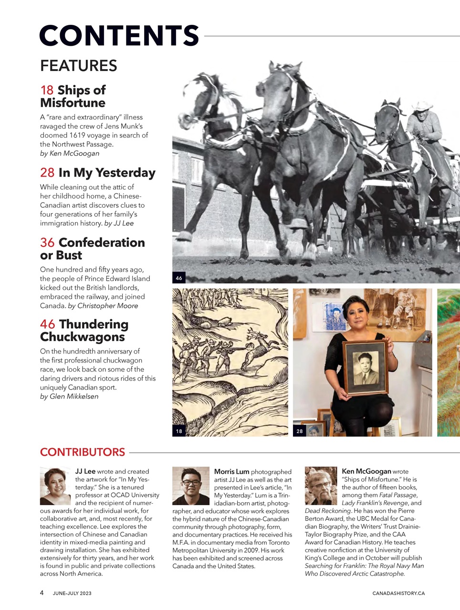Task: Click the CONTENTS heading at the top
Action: tap(119, 35)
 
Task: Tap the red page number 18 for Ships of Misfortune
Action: tap(47, 90)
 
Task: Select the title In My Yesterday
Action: tap(107, 173)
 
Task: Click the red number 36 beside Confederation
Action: tap(47, 243)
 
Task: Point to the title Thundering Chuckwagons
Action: tap(84, 330)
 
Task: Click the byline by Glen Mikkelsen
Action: tap(69, 396)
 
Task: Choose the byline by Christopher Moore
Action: tap(103, 306)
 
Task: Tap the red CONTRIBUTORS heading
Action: tap(83, 452)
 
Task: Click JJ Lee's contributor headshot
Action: tap(55, 486)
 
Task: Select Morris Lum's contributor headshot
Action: tap(191, 486)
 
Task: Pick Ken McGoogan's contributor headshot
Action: tap(321, 486)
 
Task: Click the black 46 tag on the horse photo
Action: tap(179, 278)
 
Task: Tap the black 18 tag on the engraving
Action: tap(179, 431)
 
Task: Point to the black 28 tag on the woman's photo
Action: tap(300, 431)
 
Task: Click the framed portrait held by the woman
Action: tap(366, 368)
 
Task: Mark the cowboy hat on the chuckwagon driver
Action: tap(422, 106)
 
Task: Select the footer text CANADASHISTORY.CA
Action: tap(398, 593)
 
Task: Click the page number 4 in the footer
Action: tap(42, 593)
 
